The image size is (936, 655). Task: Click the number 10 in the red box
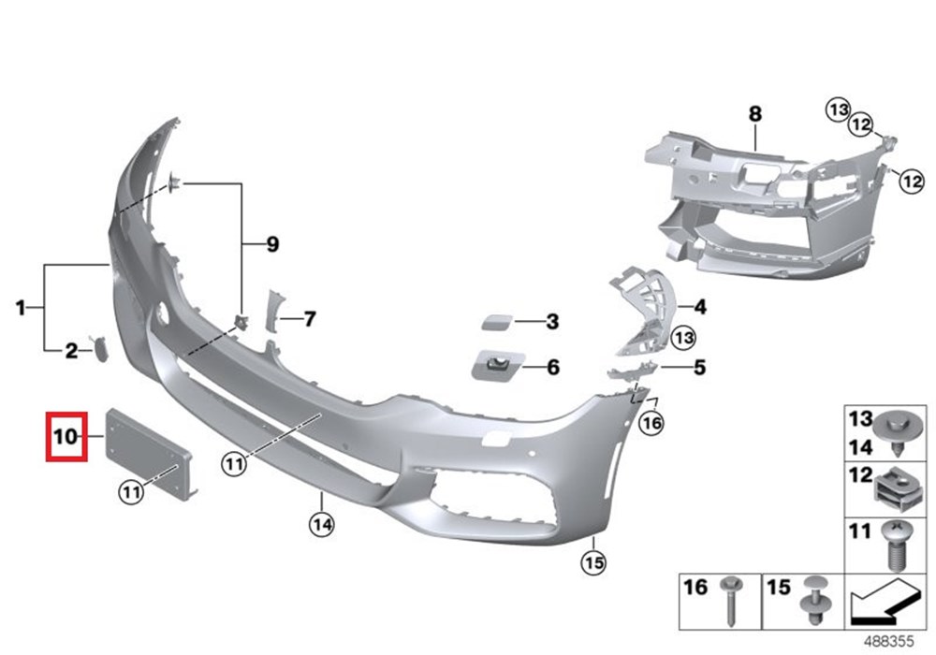(x=66, y=436)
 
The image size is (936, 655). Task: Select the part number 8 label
(x=755, y=113)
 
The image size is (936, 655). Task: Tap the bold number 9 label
(x=272, y=244)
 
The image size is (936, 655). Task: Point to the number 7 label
(x=309, y=319)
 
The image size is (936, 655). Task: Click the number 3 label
(x=553, y=322)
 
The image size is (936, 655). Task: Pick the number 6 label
(x=553, y=367)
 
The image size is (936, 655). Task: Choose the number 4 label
(x=700, y=307)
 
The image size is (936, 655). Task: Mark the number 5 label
(x=699, y=367)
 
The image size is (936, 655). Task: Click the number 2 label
(x=72, y=351)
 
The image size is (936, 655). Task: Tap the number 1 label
(x=21, y=308)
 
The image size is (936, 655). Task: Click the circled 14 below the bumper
(x=322, y=525)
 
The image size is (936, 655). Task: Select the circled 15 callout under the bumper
(x=594, y=562)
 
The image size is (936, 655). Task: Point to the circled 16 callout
(x=651, y=423)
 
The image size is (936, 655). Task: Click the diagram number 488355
(x=889, y=642)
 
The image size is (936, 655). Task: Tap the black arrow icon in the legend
(x=884, y=603)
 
